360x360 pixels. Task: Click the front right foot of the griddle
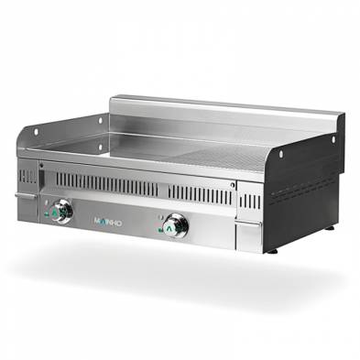coord(271,249)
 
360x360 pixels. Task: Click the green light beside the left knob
coord(46,215)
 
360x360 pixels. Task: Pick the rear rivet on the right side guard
coord(333,140)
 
